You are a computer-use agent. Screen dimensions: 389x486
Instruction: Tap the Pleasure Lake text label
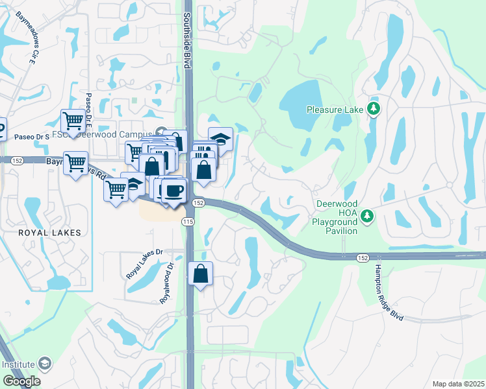click(x=335, y=110)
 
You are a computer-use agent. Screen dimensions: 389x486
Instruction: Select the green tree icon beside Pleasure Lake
click(x=373, y=108)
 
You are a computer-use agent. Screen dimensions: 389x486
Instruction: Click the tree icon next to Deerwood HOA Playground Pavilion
click(x=368, y=215)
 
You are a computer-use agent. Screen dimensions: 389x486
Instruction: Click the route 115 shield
click(x=188, y=222)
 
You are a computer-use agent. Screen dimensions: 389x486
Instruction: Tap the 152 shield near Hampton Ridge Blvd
click(x=364, y=258)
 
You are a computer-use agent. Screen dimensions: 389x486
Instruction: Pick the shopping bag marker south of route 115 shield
click(x=200, y=274)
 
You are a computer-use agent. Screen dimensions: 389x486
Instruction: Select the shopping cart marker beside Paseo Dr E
click(x=73, y=121)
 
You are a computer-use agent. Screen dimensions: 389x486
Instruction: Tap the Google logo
click(x=21, y=381)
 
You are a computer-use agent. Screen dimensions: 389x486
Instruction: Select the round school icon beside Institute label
click(x=45, y=363)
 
